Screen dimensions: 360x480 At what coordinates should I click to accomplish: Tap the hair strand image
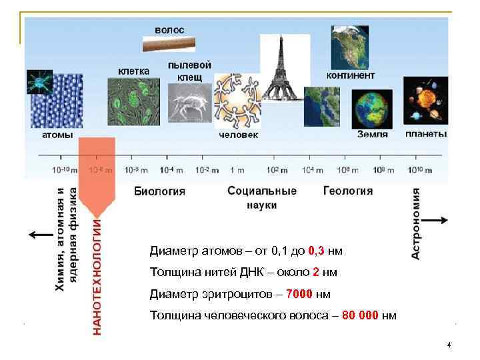coord(170,45)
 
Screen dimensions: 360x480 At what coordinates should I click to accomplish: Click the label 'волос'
coord(169,30)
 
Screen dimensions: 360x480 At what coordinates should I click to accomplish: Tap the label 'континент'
coord(350,75)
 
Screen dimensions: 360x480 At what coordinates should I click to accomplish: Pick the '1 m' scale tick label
coord(237,170)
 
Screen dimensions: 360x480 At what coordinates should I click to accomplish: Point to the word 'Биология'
coord(160,191)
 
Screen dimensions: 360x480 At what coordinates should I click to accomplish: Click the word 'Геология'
coord(348,191)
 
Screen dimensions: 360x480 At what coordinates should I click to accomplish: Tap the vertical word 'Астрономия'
coord(415,223)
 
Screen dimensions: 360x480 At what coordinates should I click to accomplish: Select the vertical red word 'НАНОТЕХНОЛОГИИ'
coord(97,271)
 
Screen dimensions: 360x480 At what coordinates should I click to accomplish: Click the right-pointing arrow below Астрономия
coord(437,220)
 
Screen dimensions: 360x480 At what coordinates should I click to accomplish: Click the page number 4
coord(449,345)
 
